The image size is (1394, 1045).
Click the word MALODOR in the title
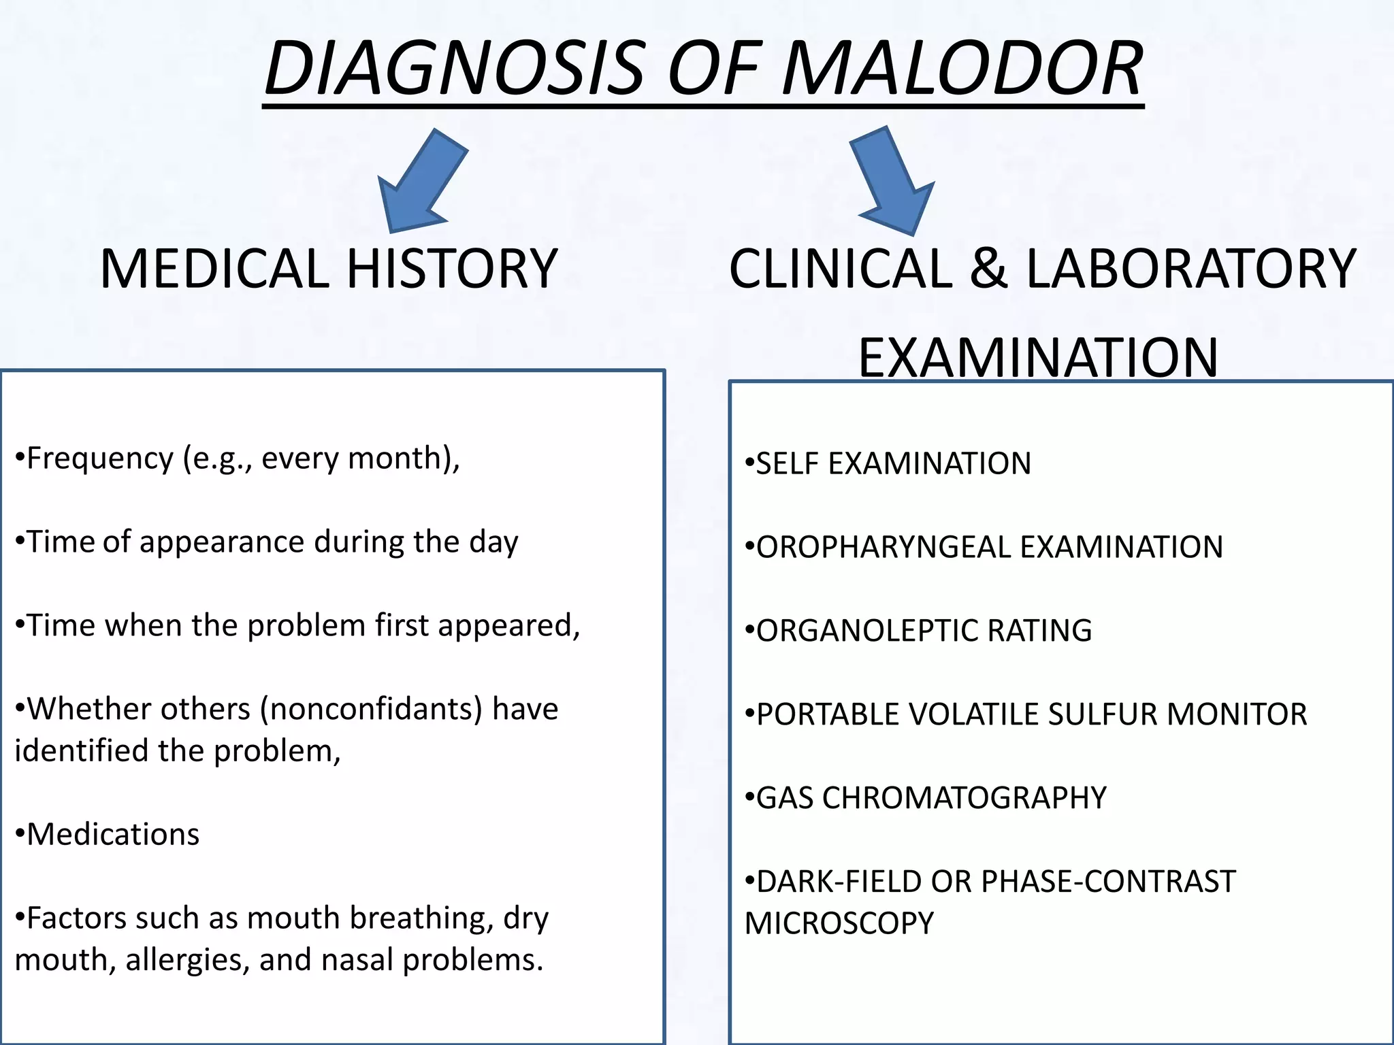962,69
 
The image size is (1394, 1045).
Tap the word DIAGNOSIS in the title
453,69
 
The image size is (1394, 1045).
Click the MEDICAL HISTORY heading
329,269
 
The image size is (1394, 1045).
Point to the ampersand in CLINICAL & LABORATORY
988,269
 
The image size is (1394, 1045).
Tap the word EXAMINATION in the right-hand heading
1038,358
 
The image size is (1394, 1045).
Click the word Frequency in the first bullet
100,459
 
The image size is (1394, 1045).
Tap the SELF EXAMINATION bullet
888,464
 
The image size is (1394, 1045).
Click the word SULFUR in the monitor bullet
1102,714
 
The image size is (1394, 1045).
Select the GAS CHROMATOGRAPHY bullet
926,798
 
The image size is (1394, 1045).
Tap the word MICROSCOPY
839,923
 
